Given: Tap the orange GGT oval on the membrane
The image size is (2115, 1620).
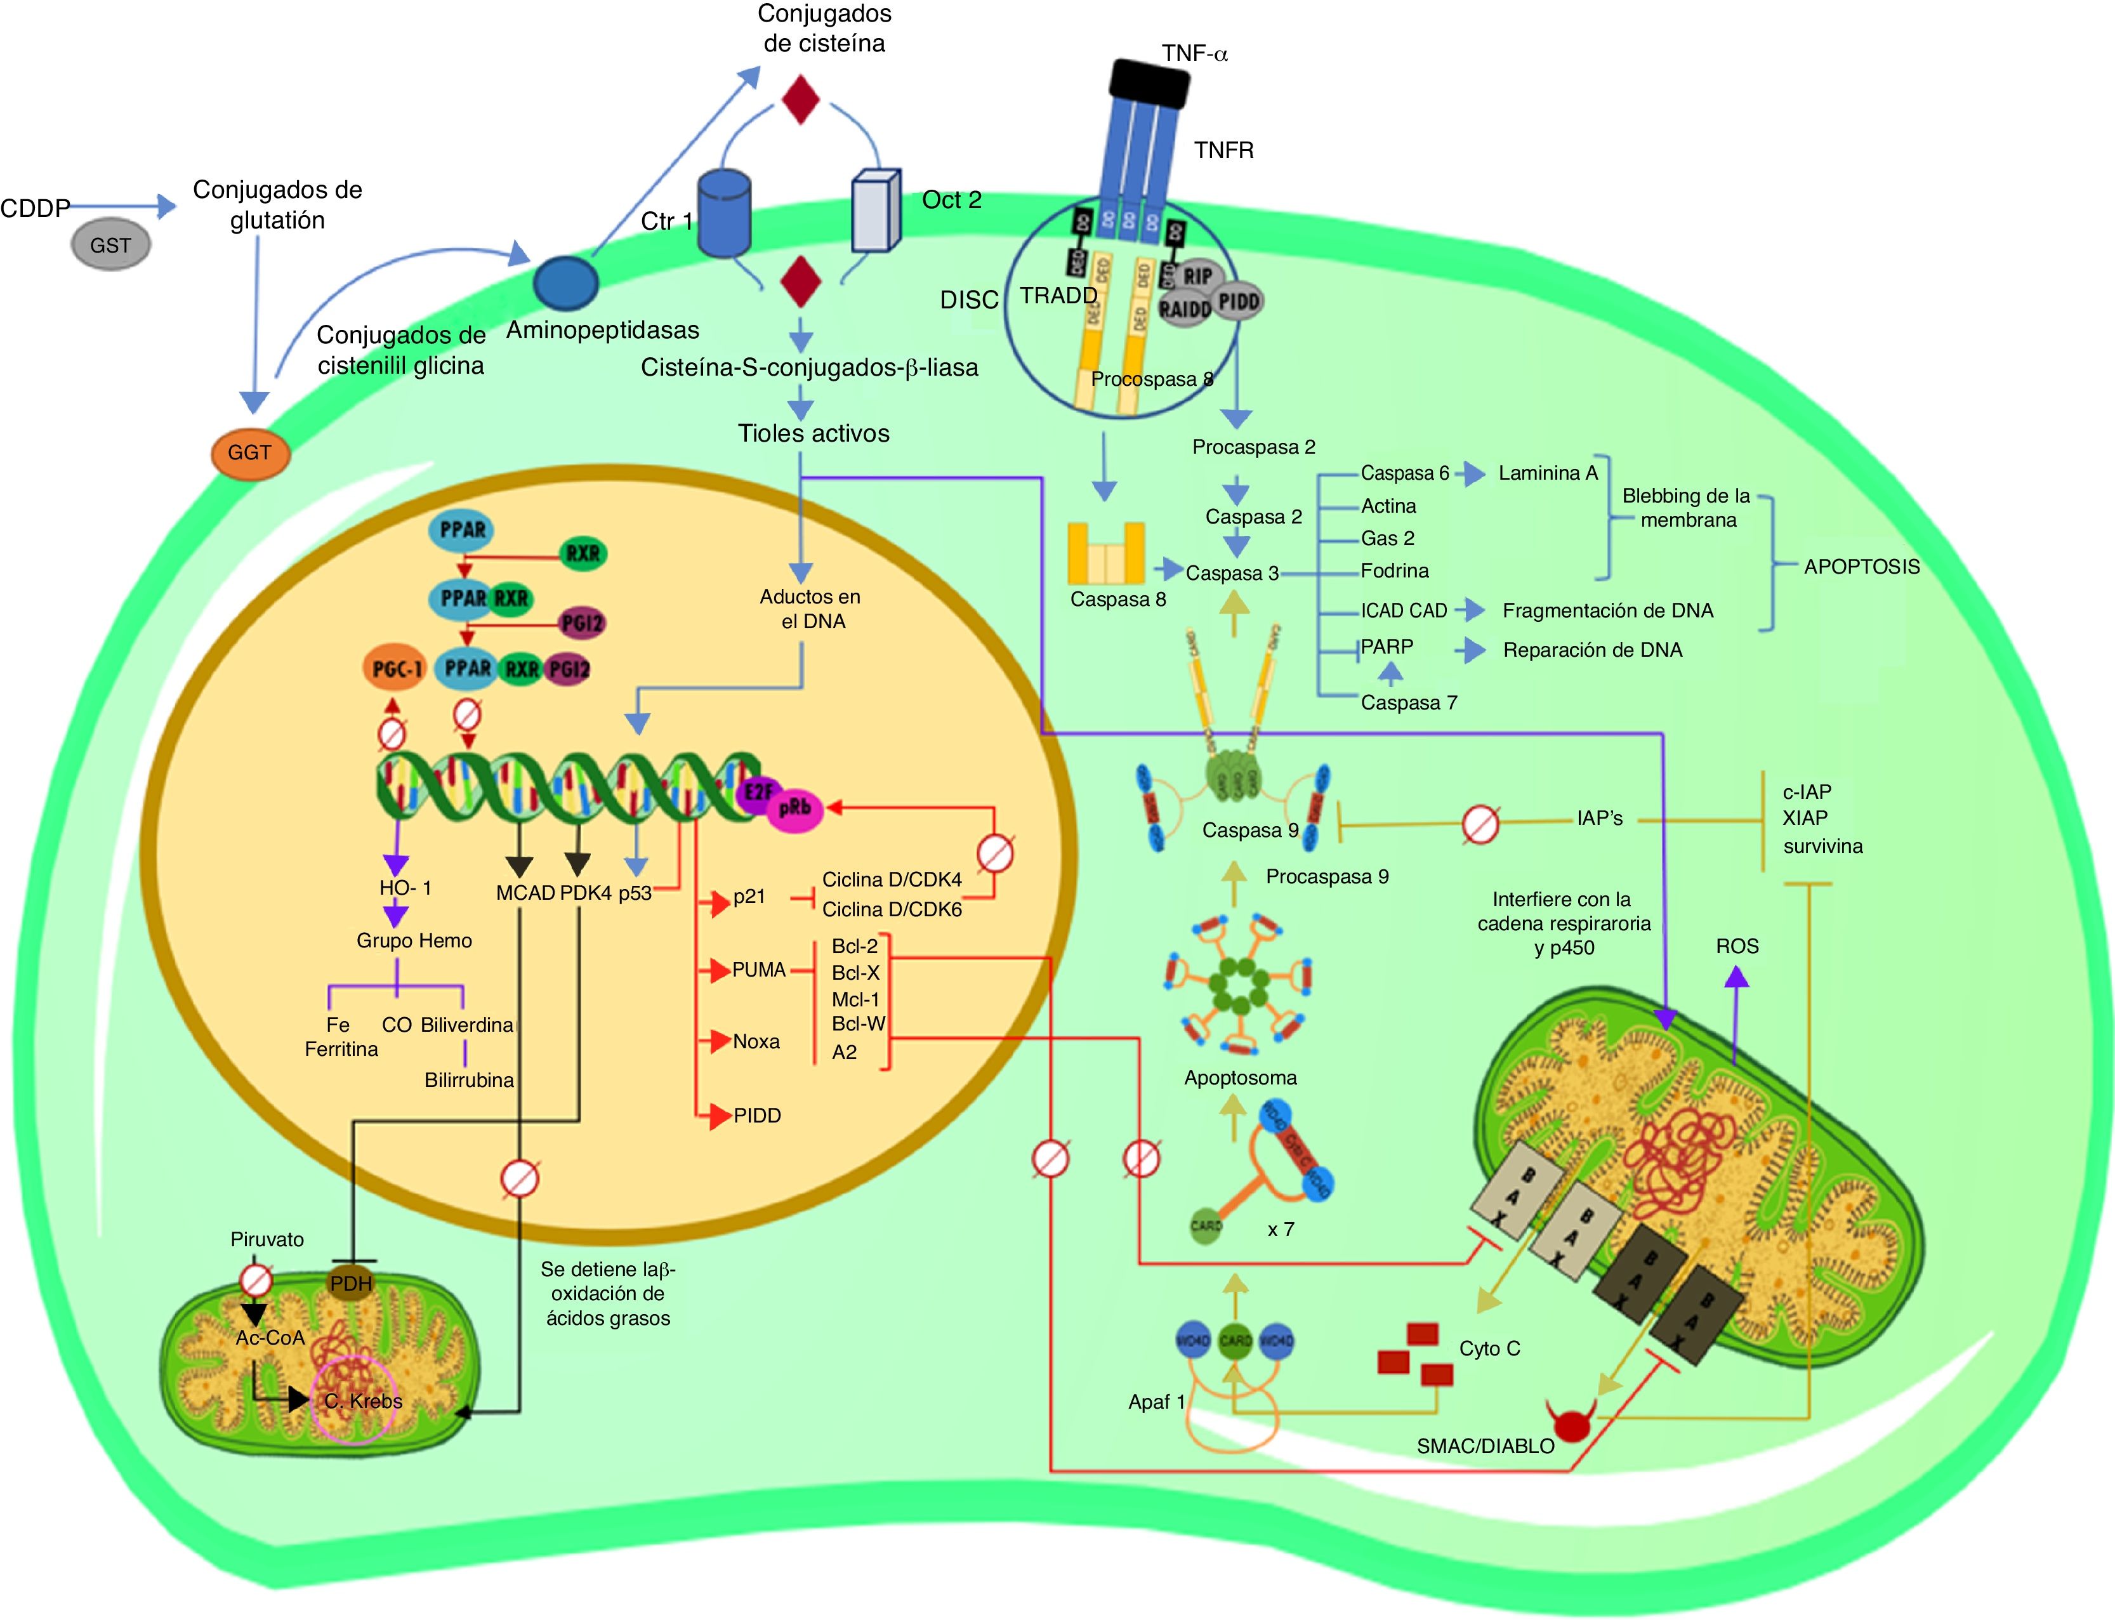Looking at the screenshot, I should [x=250, y=452].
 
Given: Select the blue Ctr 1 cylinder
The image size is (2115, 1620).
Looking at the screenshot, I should [x=723, y=214].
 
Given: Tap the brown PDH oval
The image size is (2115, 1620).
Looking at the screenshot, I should [x=351, y=1284].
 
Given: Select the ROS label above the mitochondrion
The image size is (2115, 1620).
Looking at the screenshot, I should [x=1737, y=946].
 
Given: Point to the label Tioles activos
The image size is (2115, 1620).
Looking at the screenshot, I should [x=813, y=433].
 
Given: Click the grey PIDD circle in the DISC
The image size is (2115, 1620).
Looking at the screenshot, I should [x=1238, y=302].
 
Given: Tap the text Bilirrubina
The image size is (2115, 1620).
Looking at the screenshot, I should [x=469, y=1080].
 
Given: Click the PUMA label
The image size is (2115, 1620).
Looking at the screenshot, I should [x=759, y=970].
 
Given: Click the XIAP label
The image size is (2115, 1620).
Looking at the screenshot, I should [x=1805, y=818].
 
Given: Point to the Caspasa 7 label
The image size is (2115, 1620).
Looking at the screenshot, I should [x=1408, y=703].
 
